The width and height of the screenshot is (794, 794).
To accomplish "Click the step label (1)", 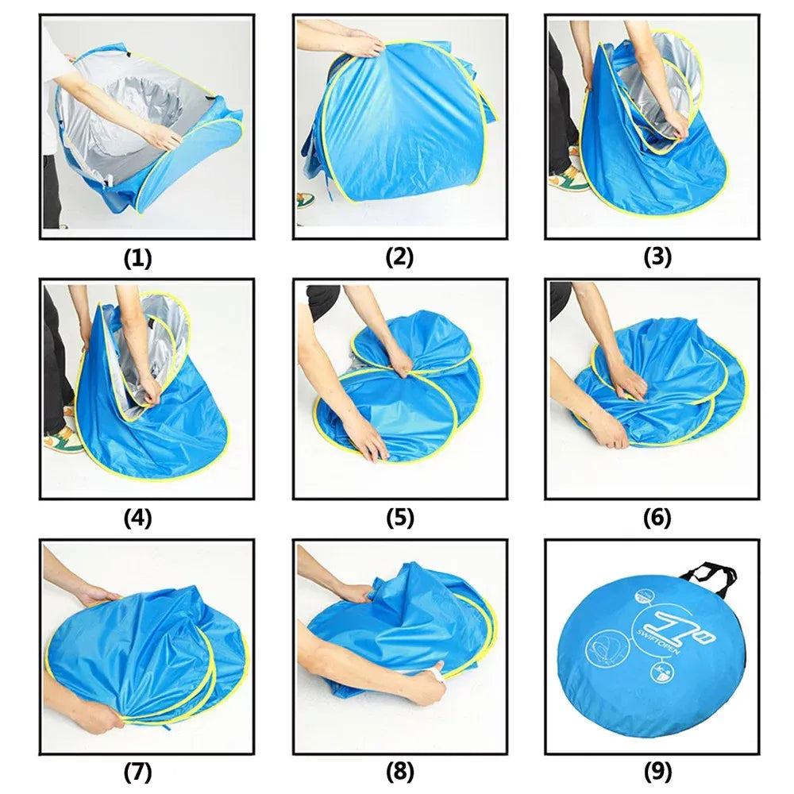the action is coord(137,258).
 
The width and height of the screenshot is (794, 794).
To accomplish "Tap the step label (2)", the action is coord(399,257).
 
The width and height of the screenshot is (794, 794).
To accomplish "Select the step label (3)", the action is coord(657,257).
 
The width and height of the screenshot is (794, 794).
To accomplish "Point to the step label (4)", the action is coord(137,518).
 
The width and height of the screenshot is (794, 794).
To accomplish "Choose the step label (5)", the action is coord(399,518).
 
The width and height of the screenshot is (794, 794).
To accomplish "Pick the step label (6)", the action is coord(657,518).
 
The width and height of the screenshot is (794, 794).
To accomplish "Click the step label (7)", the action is coord(137,773).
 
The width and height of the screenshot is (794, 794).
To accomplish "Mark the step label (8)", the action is coord(399,773).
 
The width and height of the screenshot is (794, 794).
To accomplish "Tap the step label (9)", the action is coord(657,773).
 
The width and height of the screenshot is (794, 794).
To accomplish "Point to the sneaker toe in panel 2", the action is coord(306,200).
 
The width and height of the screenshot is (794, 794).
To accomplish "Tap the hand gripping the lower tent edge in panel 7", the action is coord(96,715).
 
